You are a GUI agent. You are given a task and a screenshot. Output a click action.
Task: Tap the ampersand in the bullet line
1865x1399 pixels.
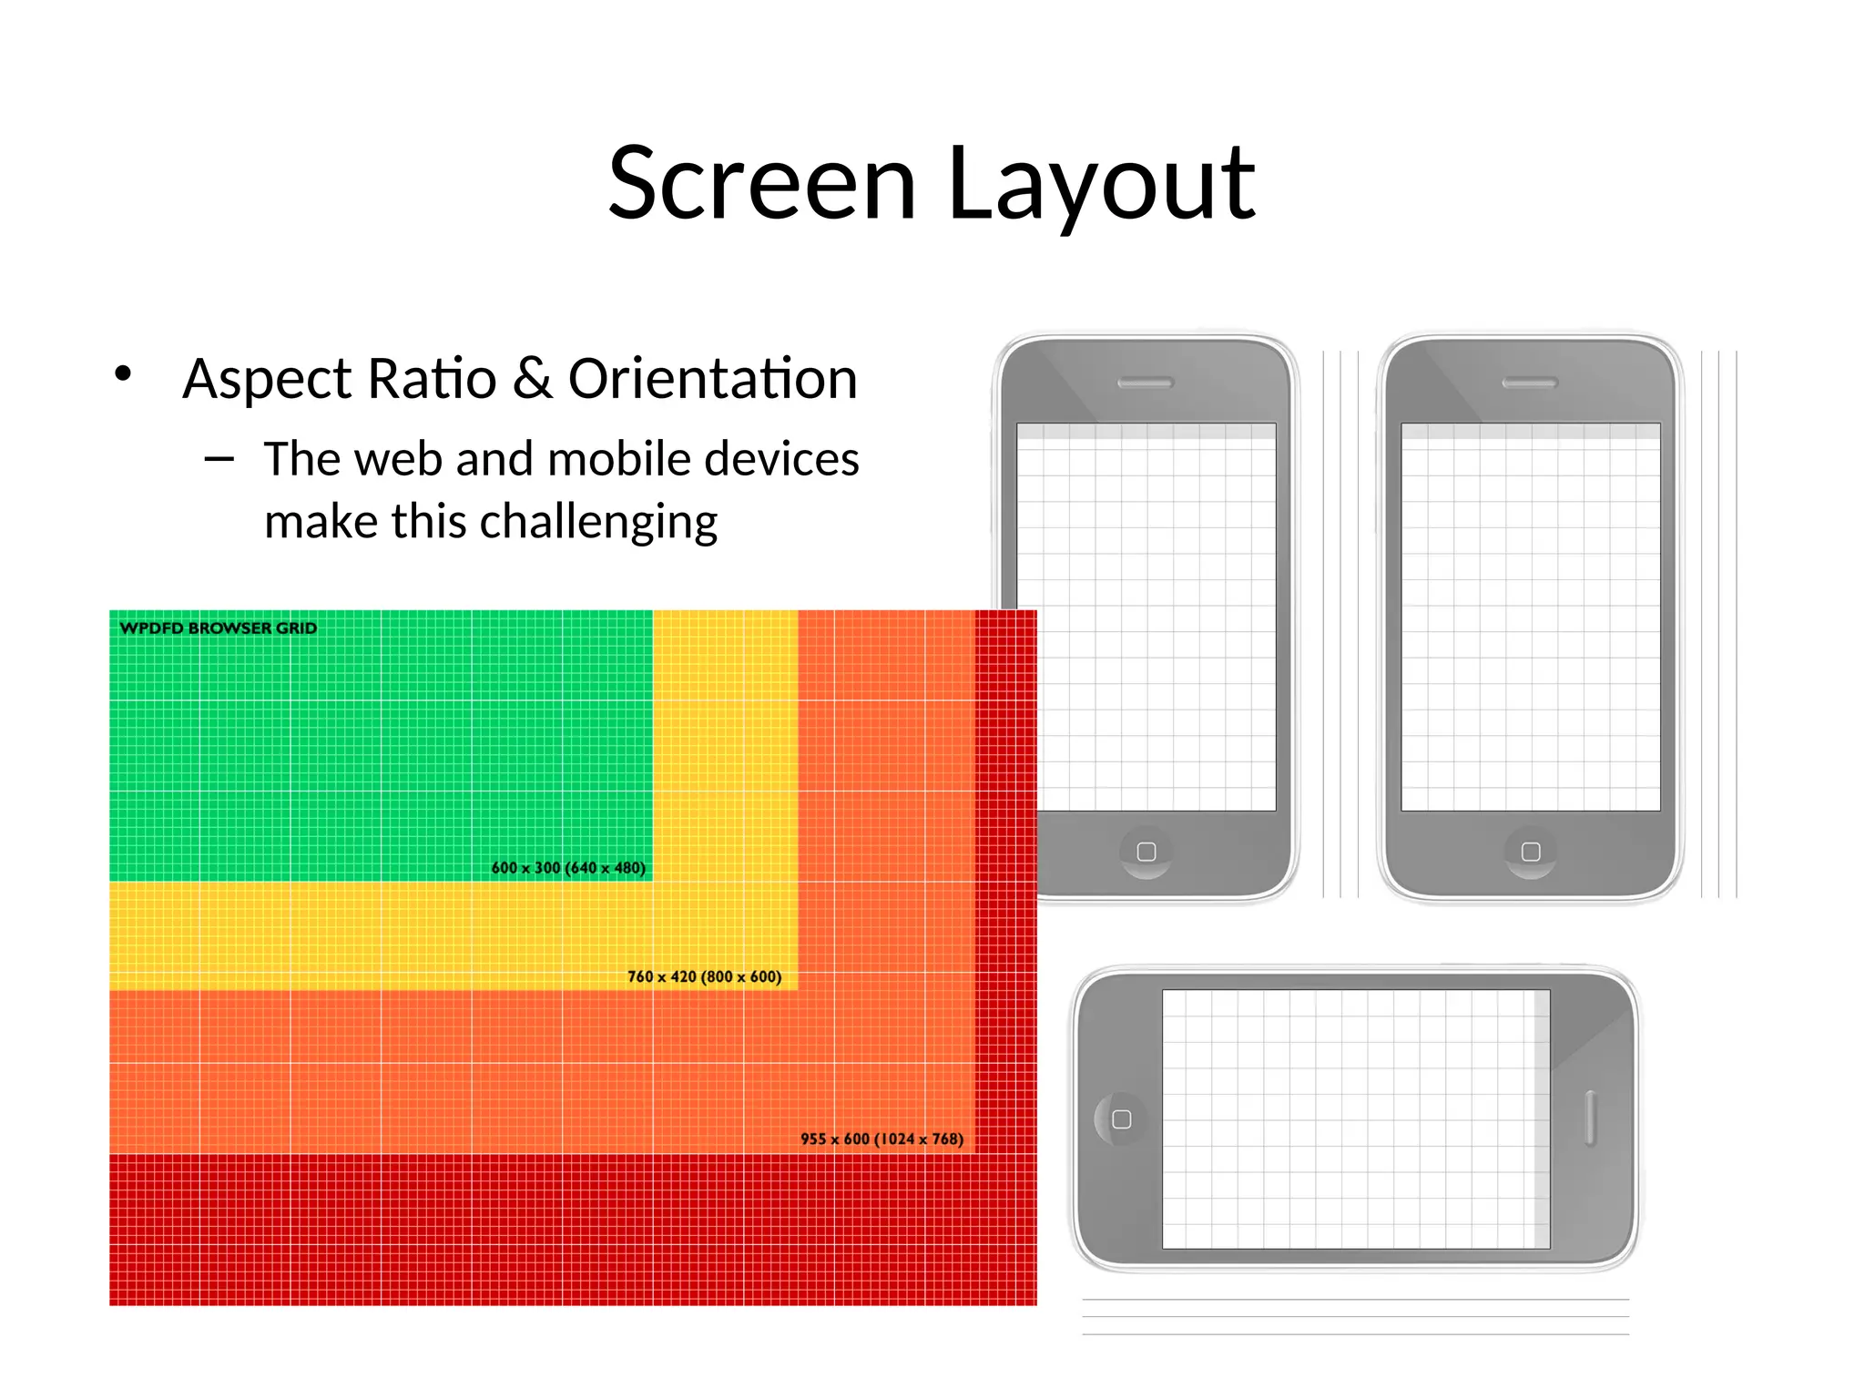[x=533, y=378]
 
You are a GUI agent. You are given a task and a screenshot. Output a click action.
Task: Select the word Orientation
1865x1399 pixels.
[x=712, y=378]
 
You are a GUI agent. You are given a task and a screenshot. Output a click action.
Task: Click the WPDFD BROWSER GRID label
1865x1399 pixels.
[x=219, y=628]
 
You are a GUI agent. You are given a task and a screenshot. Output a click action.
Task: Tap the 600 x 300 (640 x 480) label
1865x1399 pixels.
[x=568, y=868]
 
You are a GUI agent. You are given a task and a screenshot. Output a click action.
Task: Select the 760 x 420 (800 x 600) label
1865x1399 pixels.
[x=704, y=976]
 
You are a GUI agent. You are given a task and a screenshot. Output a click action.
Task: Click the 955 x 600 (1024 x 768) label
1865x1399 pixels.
[x=882, y=1139]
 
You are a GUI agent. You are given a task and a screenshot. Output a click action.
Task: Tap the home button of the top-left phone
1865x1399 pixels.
[x=1147, y=852]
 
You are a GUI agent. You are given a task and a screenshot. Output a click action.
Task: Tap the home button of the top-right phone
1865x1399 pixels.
[x=1531, y=852]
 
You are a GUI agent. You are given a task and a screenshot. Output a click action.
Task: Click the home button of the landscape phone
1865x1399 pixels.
[x=1122, y=1119]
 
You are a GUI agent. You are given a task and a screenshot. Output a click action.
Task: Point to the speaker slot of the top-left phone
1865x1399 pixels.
[x=1145, y=383]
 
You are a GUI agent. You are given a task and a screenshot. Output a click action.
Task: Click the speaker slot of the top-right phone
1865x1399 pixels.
[x=1530, y=383]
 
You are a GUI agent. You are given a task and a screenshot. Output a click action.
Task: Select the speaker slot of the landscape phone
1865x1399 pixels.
[x=1590, y=1118]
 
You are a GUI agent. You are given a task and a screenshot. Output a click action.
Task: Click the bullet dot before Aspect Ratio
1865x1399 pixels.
[x=124, y=373]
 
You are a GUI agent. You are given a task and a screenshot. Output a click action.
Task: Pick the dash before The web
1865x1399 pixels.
[x=219, y=460]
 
